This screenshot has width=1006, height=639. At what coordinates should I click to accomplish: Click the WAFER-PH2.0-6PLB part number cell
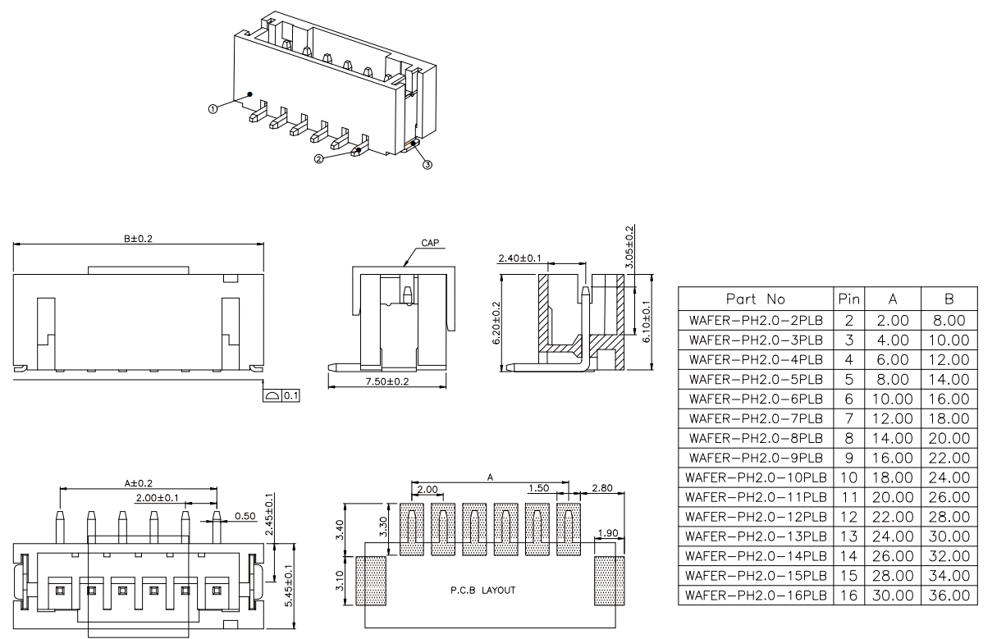tap(756, 399)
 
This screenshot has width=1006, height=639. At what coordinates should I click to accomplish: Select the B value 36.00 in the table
tap(949, 596)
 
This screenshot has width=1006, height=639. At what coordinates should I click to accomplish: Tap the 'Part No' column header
tap(756, 299)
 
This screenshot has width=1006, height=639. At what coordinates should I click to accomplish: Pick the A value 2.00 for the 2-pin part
tap(893, 320)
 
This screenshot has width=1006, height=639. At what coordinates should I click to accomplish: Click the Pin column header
tap(848, 299)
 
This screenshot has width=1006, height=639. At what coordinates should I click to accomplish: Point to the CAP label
tap(430, 243)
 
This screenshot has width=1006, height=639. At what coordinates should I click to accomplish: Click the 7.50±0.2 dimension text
tap(387, 381)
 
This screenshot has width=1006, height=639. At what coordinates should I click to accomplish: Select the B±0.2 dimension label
tap(139, 239)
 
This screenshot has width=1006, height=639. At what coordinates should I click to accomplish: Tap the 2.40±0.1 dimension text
tap(519, 258)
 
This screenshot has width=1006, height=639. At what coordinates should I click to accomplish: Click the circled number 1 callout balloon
tap(213, 108)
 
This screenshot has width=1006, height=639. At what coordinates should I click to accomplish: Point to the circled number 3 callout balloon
tap(428, 165)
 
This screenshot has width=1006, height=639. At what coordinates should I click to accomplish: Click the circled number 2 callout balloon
tap(319, 159)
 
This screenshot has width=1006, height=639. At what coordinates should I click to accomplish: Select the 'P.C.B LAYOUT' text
tap(482, 590)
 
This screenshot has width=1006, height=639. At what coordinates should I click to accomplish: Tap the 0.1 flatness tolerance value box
tap(290, 395)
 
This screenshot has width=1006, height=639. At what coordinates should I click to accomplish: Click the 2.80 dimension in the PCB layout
tap(601, 488)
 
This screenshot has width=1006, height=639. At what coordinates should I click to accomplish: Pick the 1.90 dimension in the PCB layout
tap(608, 533)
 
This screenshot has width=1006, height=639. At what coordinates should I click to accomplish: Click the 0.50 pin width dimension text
tap(245, 516)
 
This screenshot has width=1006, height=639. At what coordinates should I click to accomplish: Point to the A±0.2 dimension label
tap(139, 483)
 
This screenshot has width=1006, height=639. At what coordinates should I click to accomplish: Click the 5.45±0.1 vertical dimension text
tap(288, 586)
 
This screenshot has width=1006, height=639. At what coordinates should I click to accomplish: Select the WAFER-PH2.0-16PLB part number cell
tap(756, 596)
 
